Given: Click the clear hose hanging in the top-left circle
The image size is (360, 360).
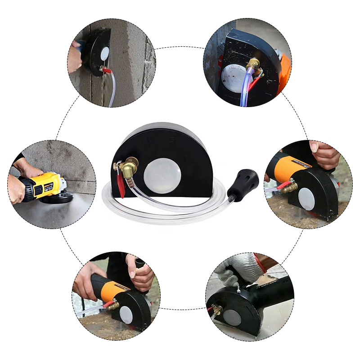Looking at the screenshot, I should coord(111,92).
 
